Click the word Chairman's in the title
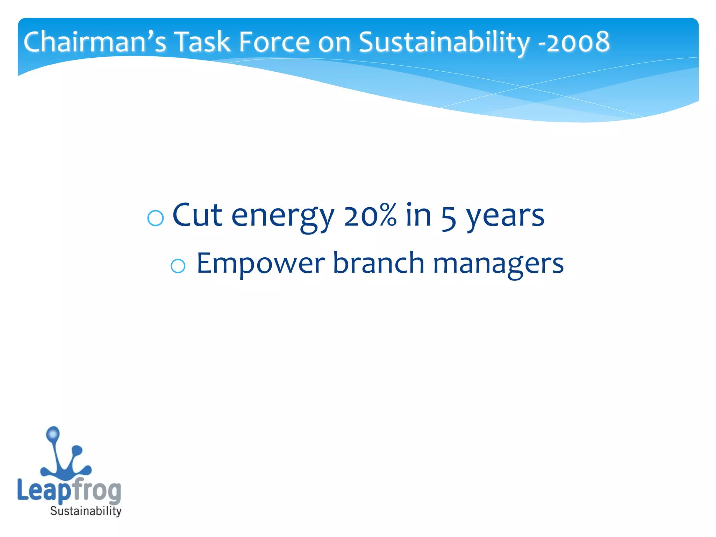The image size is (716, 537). click(x=94, y=42)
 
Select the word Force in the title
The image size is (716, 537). click(x=274, y=42)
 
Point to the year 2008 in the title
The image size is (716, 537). click(x=578, y=42)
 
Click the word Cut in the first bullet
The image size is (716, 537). click(x=197, y=215)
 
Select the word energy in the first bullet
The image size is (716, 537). click(x=283, y=217)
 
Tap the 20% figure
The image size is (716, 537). click(x=370, y=215)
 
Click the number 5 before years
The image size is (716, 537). click(x=449, y=217)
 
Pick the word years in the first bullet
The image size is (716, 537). click(x=506, y=217)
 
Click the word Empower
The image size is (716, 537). click(x=260, y=264)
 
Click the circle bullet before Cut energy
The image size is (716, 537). click(x=156, y=219)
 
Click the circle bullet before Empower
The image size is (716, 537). click(x=178, y=266)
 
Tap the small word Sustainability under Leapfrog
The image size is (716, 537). click(x=86, y=511)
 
